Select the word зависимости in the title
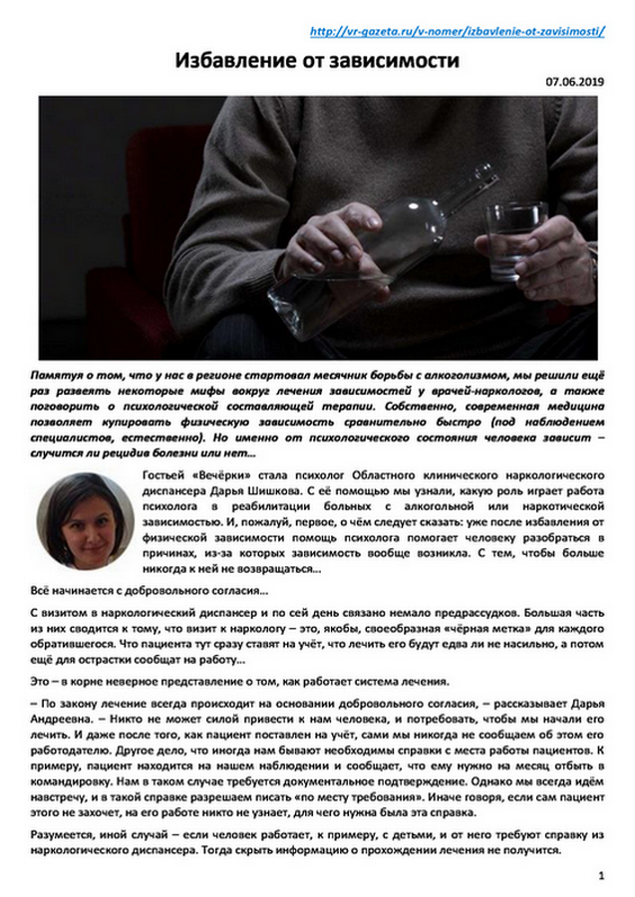[x=389, y=62]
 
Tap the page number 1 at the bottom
[x=601, y=875]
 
